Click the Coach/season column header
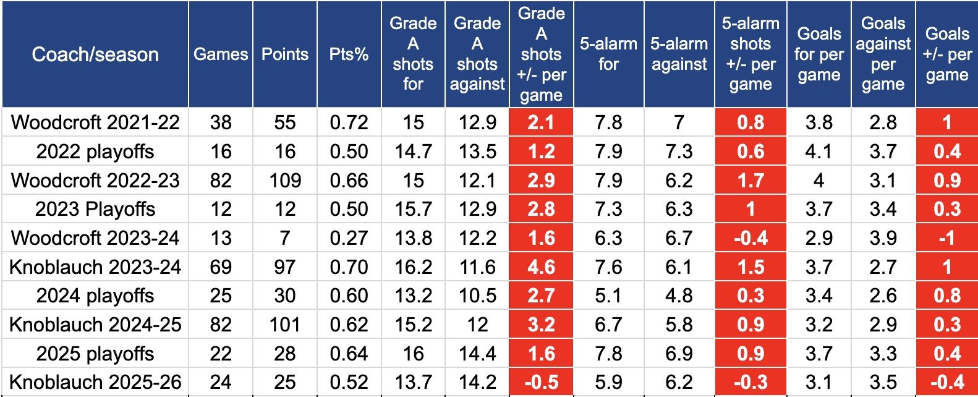pos(95,54)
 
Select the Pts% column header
pos(349,54)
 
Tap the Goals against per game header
pos(883,54)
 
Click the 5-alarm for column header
pos(608,54)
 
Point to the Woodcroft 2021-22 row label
pos(95,122)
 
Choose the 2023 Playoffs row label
pos(95,209)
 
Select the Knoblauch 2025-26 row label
pos(95,382)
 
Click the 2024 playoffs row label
pos(95,296)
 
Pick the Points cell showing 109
pos(285,181)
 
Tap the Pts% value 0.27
pos(349,238)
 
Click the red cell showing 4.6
pos(541,267)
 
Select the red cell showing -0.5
pos(541,382)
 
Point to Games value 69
pos(221,267)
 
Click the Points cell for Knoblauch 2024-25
pos(285,325)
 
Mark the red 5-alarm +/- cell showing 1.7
pos(751,181)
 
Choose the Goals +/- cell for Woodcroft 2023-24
pos(946,238)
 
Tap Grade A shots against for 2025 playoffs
pos(477,354)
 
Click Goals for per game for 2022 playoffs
pos(819,152)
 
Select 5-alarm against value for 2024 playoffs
pos(679,296)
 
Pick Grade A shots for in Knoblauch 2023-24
pos(413,267)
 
